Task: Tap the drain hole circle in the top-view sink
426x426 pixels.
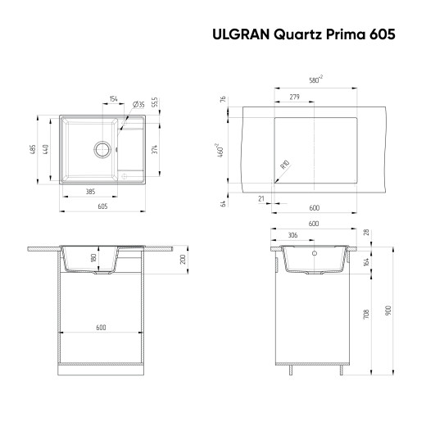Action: pyautogui.click(x=103, y=149)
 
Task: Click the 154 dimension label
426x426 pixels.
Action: pyautogui.click(x=113, y=99)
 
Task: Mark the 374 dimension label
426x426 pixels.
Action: pyautogui.click(x=156, y=148)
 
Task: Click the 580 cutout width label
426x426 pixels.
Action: pyautogui.click(x=315, y=79)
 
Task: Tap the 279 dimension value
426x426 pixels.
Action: pyautogui.click(x=293, y=98)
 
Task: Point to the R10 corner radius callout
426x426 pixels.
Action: pyautogui.click(x=284, y=166)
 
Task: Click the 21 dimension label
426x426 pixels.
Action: pyautogui.click(x=261, y=197)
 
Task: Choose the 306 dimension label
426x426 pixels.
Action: pyautogui.click(x=293, y=236)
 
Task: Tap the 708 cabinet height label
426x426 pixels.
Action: pyautogui.click(x=365, y=314)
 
